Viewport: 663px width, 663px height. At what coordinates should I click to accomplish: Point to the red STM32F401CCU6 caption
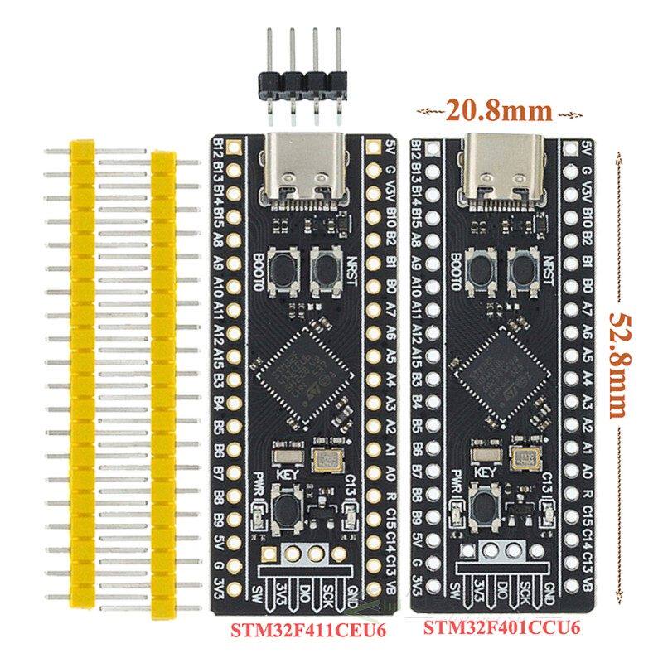tap(501, 628)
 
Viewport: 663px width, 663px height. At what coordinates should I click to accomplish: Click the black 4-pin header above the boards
tap(303, 82)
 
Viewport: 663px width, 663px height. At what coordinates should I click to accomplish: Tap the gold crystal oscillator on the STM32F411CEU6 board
tap(322, 457)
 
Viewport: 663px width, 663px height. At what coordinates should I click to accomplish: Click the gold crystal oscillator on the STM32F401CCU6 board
tap(522, 457)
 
